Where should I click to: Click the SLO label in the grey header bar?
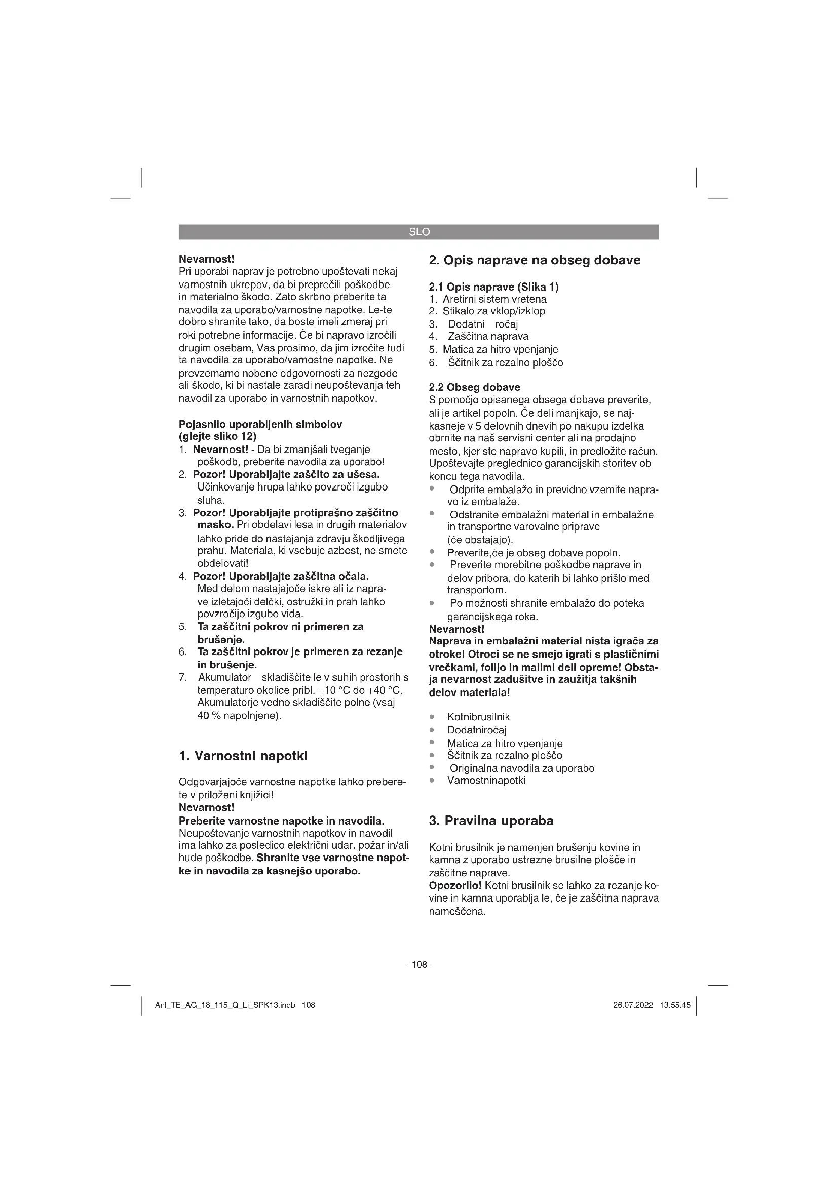pyautogui.click(x=419, y=232)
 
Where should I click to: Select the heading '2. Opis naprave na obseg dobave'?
pyautogui.click(x=535, y=260)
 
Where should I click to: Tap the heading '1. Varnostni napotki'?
pyautogui.click(x=243, y=756)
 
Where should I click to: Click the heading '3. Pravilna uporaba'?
pyautogui.click(x=491, y=821)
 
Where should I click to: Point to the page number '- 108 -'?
pyautogui.click(x=419, y=964)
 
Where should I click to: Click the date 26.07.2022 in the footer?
pyautogui.click(x=633, y=1005)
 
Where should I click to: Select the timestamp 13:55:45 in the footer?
pyautogui.click(x=675, y=1005)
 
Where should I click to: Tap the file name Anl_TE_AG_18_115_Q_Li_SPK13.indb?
pyautogui.click(x=225, y=1005)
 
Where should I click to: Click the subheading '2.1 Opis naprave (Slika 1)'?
pyautogui.click(x=494, y=287)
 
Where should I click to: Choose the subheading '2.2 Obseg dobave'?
pyautogui.click(x=475, y=387)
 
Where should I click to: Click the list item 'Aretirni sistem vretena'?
pyautogui.click(x=494, y=299)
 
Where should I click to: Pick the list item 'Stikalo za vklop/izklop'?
pyautogui.click(x=493, y=311)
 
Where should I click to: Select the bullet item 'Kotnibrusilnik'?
pyautogui.click(x=478, y=717)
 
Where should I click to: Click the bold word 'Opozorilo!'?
pyautogui.click(x=455, y=886)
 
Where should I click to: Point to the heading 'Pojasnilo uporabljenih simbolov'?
pyautogui.click(x=260, y=424)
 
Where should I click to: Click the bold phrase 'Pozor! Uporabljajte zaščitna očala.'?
pyautogui.click(x=281, y=576)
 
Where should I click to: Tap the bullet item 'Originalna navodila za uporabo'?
pyautogui.click(x=522, y=768)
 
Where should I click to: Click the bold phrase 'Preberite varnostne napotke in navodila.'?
pyautogui.click(x=281, y=821)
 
